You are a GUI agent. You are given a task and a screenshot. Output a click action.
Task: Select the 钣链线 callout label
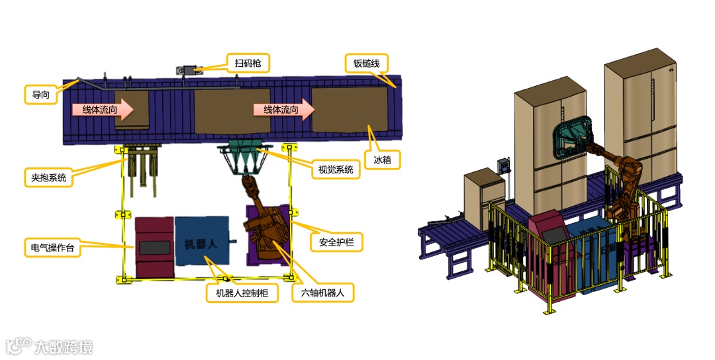tap(365, 64)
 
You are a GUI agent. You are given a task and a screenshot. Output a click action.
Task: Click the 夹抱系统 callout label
tap(48, 177)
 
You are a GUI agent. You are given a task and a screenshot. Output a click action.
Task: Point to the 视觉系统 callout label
tap(336, 169)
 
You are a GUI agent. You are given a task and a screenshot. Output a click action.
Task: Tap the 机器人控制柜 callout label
tap(241, 292)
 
